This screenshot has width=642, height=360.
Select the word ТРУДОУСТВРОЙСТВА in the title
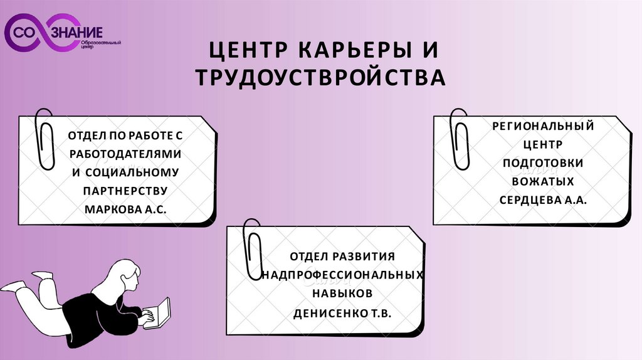(x=320, y=78)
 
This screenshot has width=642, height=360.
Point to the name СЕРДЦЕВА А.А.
(x=543, y=199)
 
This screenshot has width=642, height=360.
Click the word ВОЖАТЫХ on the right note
(x=543, y=181)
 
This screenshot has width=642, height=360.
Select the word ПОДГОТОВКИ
(x=543, y=163)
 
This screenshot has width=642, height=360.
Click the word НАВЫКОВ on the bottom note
(x=342, y=293)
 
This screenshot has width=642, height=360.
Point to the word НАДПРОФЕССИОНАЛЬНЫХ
(x=342, y=275)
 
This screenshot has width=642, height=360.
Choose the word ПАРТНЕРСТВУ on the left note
(x=125, y=189)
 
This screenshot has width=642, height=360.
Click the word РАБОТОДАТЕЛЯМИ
(x=125, y=154)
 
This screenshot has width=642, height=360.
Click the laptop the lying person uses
(x=162, y=311)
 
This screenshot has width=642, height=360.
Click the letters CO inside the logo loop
(x=29, y=32)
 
